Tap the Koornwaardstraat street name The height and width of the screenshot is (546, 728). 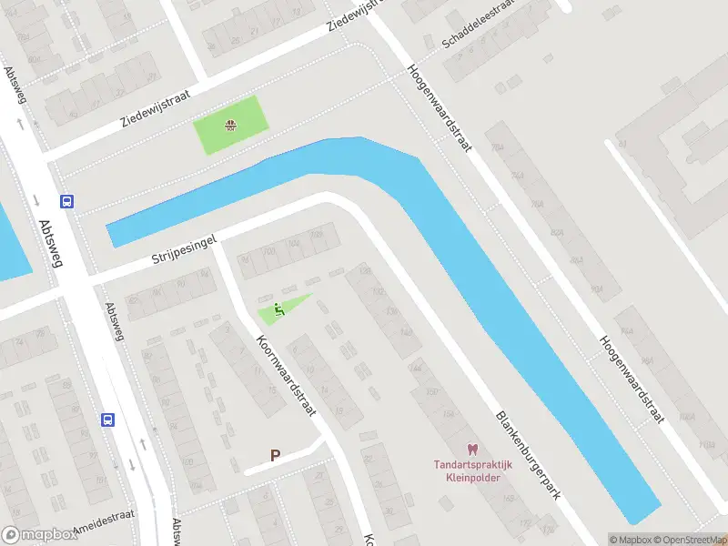(x=286, y=372)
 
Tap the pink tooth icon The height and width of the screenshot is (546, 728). (x=471, y=449)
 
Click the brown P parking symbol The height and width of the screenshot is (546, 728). (x=275, y=455)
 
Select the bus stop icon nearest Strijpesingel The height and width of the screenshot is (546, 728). (x=66, y=201)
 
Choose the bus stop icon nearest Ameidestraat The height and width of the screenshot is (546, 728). (x=107, y=420)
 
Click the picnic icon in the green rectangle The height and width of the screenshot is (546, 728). (x=231, y=125)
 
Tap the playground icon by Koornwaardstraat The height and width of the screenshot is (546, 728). (x=279, y=308)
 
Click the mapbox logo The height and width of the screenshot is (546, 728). (x=40, y=535)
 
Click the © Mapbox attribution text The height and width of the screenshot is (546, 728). (x=630, y=540)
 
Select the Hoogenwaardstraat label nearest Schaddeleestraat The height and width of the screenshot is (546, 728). (x=439, y=105)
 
